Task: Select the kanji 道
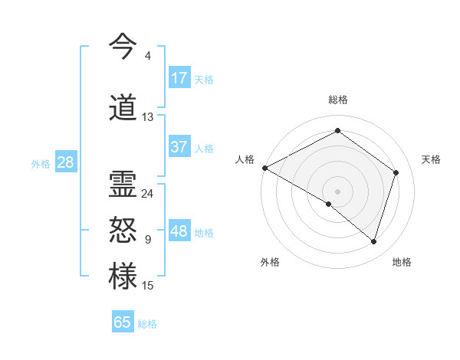click(x=123, y=107)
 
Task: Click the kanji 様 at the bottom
click(x=123, y=277)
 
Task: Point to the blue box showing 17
click(x=179, y=77)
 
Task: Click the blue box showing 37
click(x=179, y=147)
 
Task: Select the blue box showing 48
click(x=179, y=231)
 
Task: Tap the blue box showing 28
click(x=65, y=162)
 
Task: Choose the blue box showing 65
click(x=123, y=322)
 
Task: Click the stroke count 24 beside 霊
click(x=147, y=193)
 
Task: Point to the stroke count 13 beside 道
click(x=147, y=117)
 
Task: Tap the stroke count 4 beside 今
click(x=147, y=56)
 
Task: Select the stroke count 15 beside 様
click(x=147, y=286)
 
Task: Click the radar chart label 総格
click(x=337, y=100)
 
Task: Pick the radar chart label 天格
click(x=431, y=159)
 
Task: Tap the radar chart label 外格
click(x=270, y=262)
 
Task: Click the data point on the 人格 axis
click(x=264, y=168)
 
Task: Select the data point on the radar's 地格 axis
click(x=374, y=241)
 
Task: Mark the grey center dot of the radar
click(x=337, y=191)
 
